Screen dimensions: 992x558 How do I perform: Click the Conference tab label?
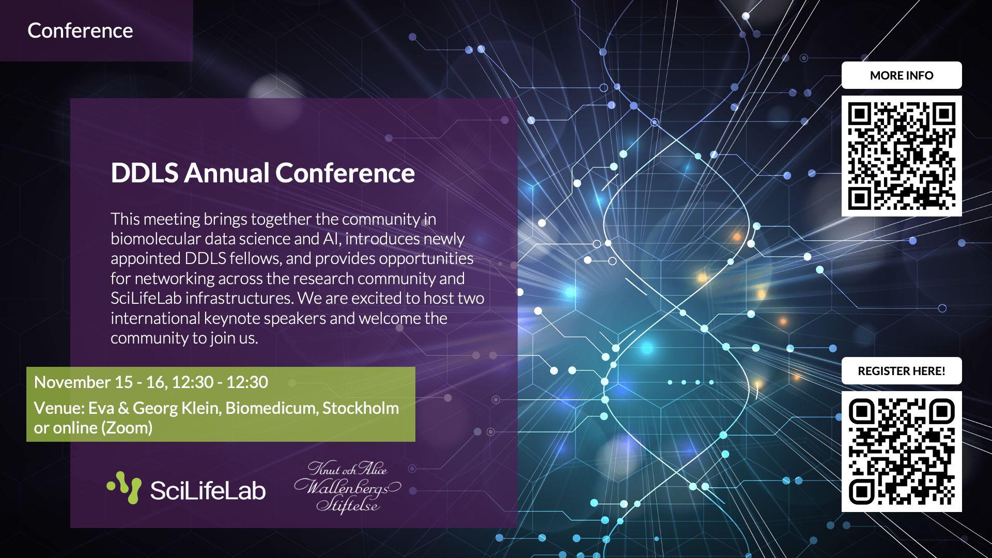(80, 30)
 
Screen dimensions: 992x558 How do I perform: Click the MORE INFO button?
(902, 75)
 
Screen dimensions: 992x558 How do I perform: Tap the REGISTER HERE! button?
(902, 371)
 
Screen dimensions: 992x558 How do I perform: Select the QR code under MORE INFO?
(902, 156)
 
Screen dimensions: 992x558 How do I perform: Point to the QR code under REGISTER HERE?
(902, 452)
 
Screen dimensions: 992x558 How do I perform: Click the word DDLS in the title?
(145, 173)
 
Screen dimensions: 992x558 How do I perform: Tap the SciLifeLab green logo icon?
(124, 487)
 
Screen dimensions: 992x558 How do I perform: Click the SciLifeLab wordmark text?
(208, 490)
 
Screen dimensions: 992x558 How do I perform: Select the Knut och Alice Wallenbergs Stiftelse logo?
(347, 487)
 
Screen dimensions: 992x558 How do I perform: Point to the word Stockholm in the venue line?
(361, 408)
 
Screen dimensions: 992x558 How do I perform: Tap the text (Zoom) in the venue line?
(127, 428)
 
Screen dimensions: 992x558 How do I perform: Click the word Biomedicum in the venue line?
(272, 408)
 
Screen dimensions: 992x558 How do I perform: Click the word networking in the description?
(174, 279)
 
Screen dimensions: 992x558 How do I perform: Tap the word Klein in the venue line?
(203, 408)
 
